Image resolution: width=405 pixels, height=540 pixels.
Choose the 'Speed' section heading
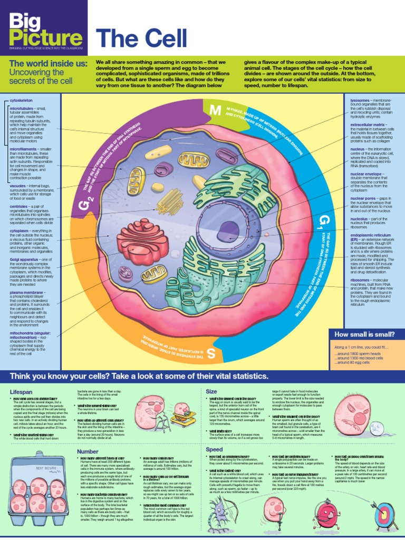coord(214,449)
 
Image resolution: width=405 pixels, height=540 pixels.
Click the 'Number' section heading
coord(88,451)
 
